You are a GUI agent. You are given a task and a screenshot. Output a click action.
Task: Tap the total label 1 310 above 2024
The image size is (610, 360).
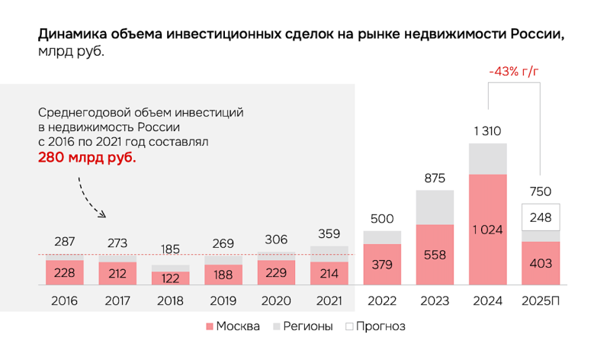488,131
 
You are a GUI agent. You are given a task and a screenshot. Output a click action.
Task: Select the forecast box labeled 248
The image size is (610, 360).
541,217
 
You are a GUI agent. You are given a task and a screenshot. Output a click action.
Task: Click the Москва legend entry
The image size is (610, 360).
233,326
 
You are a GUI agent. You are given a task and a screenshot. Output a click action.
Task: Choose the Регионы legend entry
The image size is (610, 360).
303,326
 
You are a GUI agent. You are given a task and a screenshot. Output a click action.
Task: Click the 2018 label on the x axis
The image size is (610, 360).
171,301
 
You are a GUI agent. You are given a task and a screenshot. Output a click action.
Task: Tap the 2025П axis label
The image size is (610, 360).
541,301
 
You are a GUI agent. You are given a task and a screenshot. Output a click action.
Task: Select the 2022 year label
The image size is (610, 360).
382,301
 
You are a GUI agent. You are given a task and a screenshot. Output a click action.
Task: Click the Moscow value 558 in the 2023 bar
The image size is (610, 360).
435,254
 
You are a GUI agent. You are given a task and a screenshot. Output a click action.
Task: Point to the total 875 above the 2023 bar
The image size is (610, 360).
435,178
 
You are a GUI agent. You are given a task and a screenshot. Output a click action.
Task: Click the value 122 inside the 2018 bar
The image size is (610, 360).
171,278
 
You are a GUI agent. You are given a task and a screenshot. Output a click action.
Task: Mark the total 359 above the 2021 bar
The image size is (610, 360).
329,234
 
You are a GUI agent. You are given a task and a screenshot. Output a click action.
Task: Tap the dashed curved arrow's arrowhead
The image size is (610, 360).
104,215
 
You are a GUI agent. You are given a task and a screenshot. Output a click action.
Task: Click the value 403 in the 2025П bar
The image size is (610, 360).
541,263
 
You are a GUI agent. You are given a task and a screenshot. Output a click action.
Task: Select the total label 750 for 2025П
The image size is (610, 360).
541,191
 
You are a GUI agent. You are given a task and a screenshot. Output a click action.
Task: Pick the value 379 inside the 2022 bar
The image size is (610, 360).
382,265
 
